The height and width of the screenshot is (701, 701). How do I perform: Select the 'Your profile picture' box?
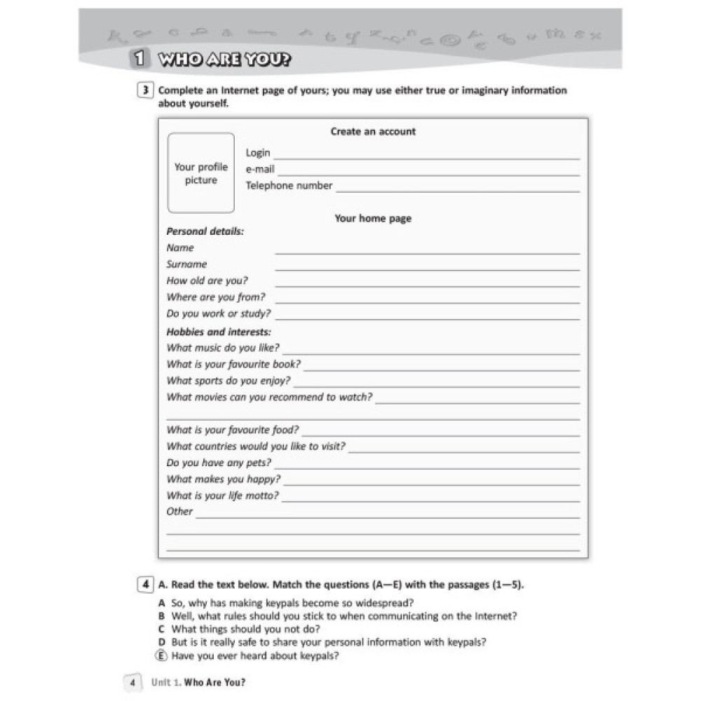pyautogui.click(x=201, y=173)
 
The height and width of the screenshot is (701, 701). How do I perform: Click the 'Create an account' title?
pyautogui.click(x=373, y=131)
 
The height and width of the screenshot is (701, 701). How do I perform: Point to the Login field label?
pyautogui.click(x=258, y=153)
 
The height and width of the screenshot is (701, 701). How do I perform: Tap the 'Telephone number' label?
pyautogui.click(x=289, y=186)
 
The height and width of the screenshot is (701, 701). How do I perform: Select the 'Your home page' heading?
pyautogui.click(x=373, y=219)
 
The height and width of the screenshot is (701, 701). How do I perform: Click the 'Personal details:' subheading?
pyautogui.click(x=205, y=231)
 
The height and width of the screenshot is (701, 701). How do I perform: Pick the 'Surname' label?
pyautogui.click(x=186, y=264)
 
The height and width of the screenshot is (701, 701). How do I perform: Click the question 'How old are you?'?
pyautogui.click(x=207, y=280)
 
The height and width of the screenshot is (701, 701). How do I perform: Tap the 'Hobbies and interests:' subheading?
pyautogui.click(x=219, y=332)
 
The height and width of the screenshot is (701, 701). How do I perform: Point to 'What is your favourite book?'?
pyautogui.click(x=233, y=365)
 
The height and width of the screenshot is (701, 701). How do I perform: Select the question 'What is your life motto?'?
pyautogui.click(x=222, y=496)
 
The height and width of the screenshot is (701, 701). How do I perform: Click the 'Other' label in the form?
pyautogui.click(x=179, y=512)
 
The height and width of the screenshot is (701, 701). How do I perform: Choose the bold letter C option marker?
pyautogui.click(x=162, y=629)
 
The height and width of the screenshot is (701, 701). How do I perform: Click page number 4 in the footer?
pyautogui.click(x=132, y=682)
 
